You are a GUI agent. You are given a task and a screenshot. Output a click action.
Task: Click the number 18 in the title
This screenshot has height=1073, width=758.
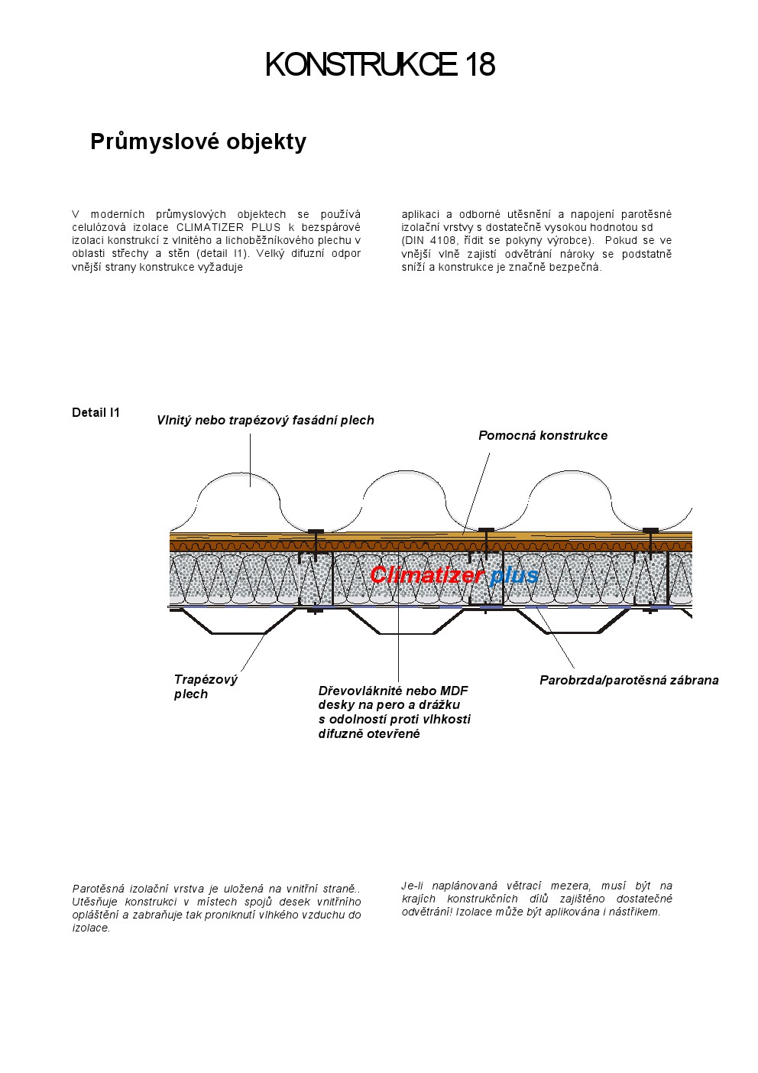click(x=479, y=65)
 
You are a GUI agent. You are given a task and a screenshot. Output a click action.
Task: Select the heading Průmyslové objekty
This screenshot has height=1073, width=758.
click(x=198, y=141)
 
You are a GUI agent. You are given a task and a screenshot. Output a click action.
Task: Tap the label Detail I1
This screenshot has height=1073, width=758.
click(x=96, y=413)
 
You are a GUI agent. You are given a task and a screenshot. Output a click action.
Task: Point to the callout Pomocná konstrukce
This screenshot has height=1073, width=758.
click(x=543, y=436)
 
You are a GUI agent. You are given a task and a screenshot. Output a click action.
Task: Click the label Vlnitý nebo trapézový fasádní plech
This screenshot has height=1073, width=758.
click(x=265, y=420)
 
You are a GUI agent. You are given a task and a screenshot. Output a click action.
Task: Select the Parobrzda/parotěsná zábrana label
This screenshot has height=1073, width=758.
click(x=628, y=680)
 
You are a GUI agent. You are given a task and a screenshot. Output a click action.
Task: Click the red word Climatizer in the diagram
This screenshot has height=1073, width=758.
click(x=426, y=575)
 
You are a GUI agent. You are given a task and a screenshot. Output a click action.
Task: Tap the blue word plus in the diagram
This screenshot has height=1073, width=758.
click(x=514, y=575)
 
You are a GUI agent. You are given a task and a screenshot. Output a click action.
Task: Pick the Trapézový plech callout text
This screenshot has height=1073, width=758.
click(x=205, y=687)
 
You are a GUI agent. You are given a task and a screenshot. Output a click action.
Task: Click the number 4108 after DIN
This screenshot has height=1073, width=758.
click(x=441, y=240)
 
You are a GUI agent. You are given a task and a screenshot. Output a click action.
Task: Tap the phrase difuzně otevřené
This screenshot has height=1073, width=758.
click(x=369, y=734)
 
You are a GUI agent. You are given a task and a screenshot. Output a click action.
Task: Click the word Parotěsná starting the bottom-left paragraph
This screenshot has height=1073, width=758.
click(x=99, y=889)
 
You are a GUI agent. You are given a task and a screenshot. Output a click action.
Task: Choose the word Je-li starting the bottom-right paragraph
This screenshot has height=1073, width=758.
click(x=413, y=886)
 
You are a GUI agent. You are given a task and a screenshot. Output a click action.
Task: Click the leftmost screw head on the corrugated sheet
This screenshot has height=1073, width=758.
click(x=314, y=531)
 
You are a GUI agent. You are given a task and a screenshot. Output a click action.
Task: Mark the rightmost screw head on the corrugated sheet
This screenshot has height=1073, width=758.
click(x=650, y=529)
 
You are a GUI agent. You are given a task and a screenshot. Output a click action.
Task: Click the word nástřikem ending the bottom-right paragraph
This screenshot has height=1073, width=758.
click(x=634, y=912)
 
